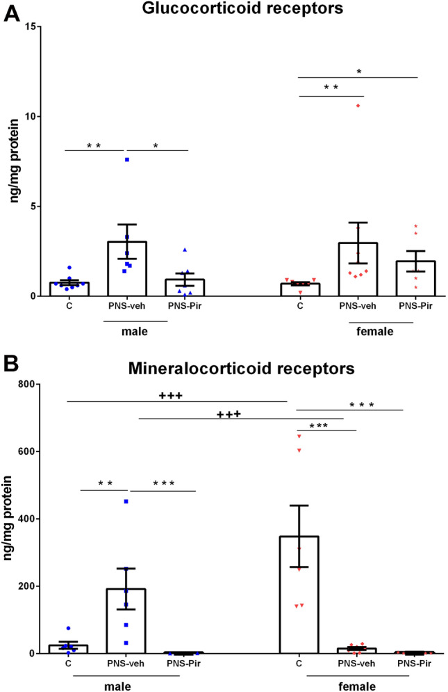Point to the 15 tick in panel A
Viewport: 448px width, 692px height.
pos(31,26)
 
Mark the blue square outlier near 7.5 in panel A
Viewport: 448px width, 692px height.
pos(127,160)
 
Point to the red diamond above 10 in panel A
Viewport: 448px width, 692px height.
pos(358,106)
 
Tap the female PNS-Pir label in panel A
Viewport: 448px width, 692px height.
pos(416,305)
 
